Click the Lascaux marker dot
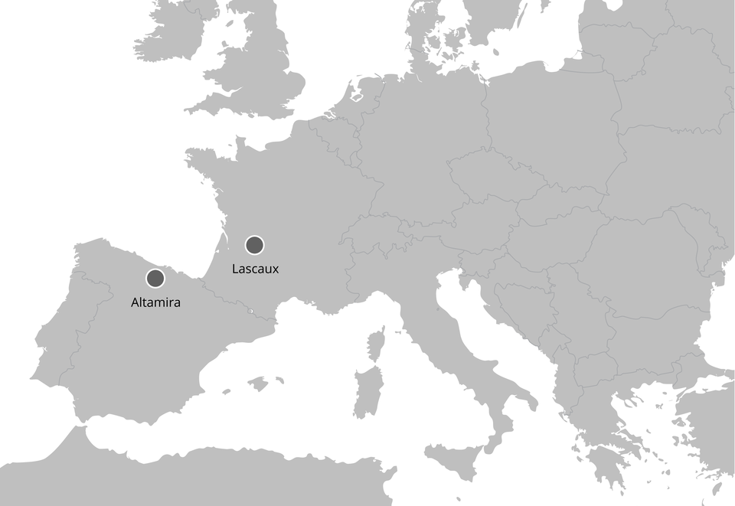(254, 245)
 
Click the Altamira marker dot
(155, 278)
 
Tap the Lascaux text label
(255, 269)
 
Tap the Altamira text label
(155, 303)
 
